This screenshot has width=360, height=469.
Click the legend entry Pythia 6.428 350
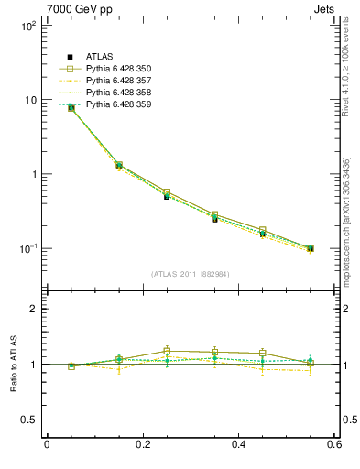tap(118, 70)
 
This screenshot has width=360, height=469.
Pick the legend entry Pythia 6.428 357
tap(118, 82)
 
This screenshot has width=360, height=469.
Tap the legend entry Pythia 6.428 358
tap(118, 93)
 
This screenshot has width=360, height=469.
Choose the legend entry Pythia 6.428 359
tap(118, 105)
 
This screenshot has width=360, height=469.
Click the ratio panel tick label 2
tap(34, 309)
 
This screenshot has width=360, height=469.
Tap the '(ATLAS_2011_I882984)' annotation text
tap(191, 274)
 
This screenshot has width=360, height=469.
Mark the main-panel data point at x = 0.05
tap(71, 108)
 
